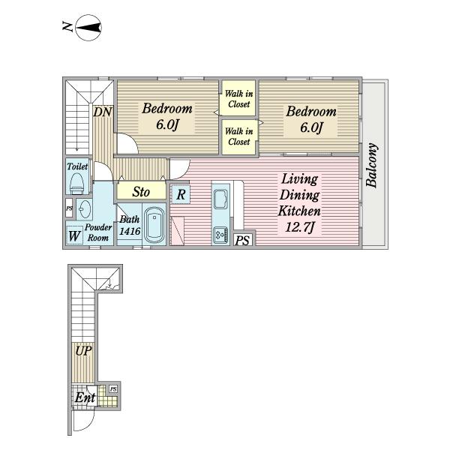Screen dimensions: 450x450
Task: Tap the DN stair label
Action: (103, 112)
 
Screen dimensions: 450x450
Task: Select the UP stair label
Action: (83, 351)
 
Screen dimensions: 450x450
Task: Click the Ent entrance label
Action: (85, 397)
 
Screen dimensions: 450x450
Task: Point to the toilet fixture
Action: (77, 184)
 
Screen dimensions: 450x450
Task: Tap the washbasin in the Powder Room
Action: (84, 209)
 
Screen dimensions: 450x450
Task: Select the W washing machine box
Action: (74, 235)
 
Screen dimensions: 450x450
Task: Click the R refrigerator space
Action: (181, 194)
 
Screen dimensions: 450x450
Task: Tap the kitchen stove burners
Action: (220, 235)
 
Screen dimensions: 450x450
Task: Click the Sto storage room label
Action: (141, 192)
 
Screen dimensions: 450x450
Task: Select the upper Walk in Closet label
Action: (238, 98)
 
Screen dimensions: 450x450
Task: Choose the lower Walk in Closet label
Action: (238, 136)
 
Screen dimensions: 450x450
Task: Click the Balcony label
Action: (372, 165)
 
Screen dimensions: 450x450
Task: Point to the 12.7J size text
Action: (299, 227)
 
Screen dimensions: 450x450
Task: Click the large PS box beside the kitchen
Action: (243, 240)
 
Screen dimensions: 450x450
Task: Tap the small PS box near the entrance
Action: (113, 389)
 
